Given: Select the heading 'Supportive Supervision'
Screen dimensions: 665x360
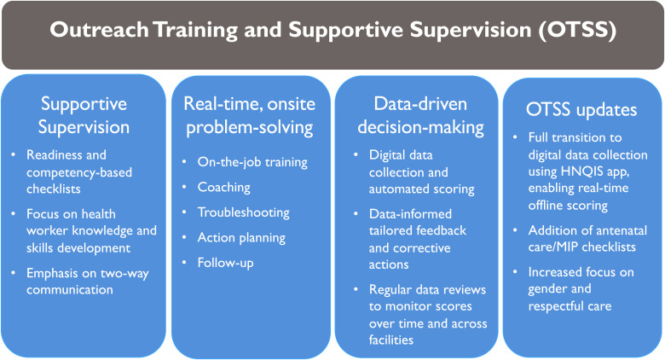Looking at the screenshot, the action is [x=84, y=115].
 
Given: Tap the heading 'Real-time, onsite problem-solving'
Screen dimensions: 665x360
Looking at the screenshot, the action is [x=249, y=115].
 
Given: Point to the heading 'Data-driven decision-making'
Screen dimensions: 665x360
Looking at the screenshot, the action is [x=420, y=115].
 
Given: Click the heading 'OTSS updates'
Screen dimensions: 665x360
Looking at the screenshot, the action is [x=581, y=109].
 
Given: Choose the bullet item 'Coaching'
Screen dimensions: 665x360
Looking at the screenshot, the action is [x=224, y=187].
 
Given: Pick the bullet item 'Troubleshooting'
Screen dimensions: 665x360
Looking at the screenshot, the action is [x=244, y=212].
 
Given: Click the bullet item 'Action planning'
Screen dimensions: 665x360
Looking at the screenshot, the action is [x=241, y=238].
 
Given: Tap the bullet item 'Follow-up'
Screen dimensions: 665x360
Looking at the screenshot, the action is [x=226, y=263].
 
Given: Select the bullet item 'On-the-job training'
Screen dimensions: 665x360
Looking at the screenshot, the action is [x=252, y=162].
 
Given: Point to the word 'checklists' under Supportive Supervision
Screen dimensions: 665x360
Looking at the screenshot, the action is [x=54, y=189].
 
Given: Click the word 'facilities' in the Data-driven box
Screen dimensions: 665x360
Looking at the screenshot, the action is [x=391, y=340].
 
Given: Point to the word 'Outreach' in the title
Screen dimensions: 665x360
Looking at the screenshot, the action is [x=99, y=30].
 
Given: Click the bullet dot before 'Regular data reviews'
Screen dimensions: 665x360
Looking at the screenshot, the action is [x=356, y=290].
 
